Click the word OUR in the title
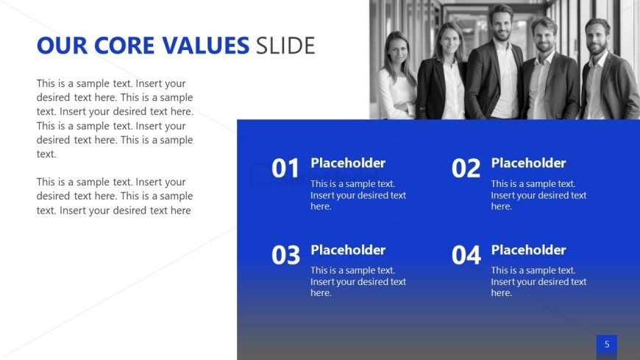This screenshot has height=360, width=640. coord(62,46)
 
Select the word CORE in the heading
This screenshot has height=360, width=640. coord(124,46)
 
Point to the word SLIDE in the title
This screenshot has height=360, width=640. coord(285,46)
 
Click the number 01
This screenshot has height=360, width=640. coord(285,169)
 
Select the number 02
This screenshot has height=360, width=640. coord(466,169)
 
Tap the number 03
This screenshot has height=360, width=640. coord(285,255)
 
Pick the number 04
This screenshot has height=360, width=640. coord(466,255)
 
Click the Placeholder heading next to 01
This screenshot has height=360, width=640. coord(348,163)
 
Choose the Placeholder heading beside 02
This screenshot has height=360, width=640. coord(528,163)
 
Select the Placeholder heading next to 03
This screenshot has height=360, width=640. coord(348,250)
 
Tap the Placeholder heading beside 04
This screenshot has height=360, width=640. coord(528,250)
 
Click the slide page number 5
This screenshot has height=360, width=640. coord(607,345)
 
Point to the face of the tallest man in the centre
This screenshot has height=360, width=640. coord(501,24)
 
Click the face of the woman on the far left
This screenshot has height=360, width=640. coord(397,51)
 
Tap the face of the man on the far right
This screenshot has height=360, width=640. coord(597,40)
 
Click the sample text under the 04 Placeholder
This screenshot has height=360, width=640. coord(538,281)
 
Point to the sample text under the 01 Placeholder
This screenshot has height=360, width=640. coord(358,195)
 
